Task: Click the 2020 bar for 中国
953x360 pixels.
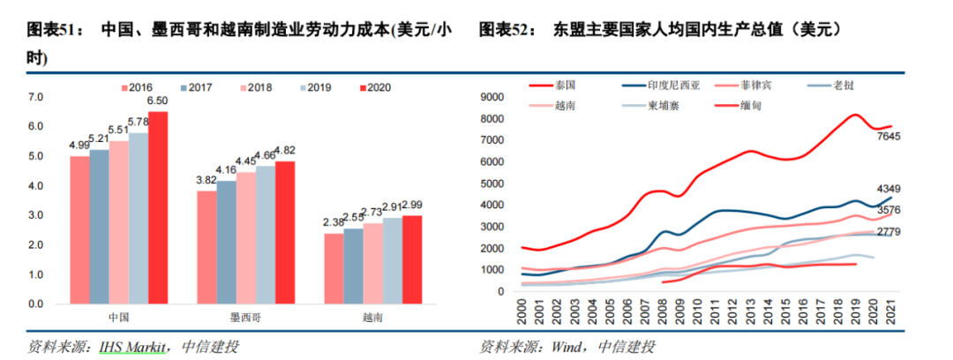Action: [x=158, y=208]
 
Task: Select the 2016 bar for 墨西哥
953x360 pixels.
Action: [x=206, y=248]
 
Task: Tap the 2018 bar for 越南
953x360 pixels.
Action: [x=372, y=264]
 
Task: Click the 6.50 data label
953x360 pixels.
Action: [x=157, y=101]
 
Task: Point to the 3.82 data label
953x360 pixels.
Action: [x=206, y=180]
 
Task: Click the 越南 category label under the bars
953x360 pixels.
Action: [x=372, y=315]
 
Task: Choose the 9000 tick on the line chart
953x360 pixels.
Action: [x=500, y=97]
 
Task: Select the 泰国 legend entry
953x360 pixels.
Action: [x=566, y=86]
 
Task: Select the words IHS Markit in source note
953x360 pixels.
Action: [x=131, y=346]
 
